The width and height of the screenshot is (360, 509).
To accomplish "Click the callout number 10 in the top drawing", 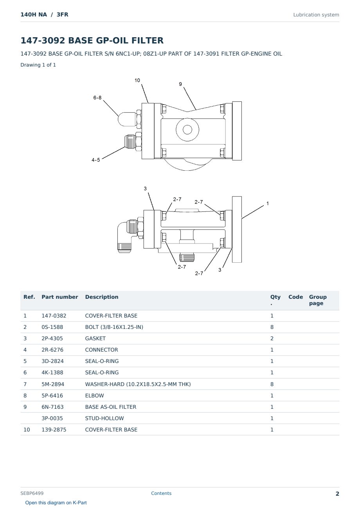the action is tap(137, 80).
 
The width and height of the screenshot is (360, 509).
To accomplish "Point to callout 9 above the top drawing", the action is tap(180, 84).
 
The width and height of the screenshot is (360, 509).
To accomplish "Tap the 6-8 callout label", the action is tap(97, 97).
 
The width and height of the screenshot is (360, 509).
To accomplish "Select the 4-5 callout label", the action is tap(95, 160).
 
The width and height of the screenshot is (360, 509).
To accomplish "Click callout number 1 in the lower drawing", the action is tap(268, 203).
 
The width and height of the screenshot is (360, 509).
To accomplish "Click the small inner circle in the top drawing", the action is tap(187, 130).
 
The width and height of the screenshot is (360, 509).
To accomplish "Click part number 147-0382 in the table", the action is tap(54, 316).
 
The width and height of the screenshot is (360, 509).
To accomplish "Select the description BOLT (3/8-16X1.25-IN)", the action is tap(114, 327).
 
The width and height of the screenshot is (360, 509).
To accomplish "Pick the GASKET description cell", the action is tap(95, 338).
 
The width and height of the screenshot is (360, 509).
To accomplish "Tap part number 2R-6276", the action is tap(52, 350).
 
